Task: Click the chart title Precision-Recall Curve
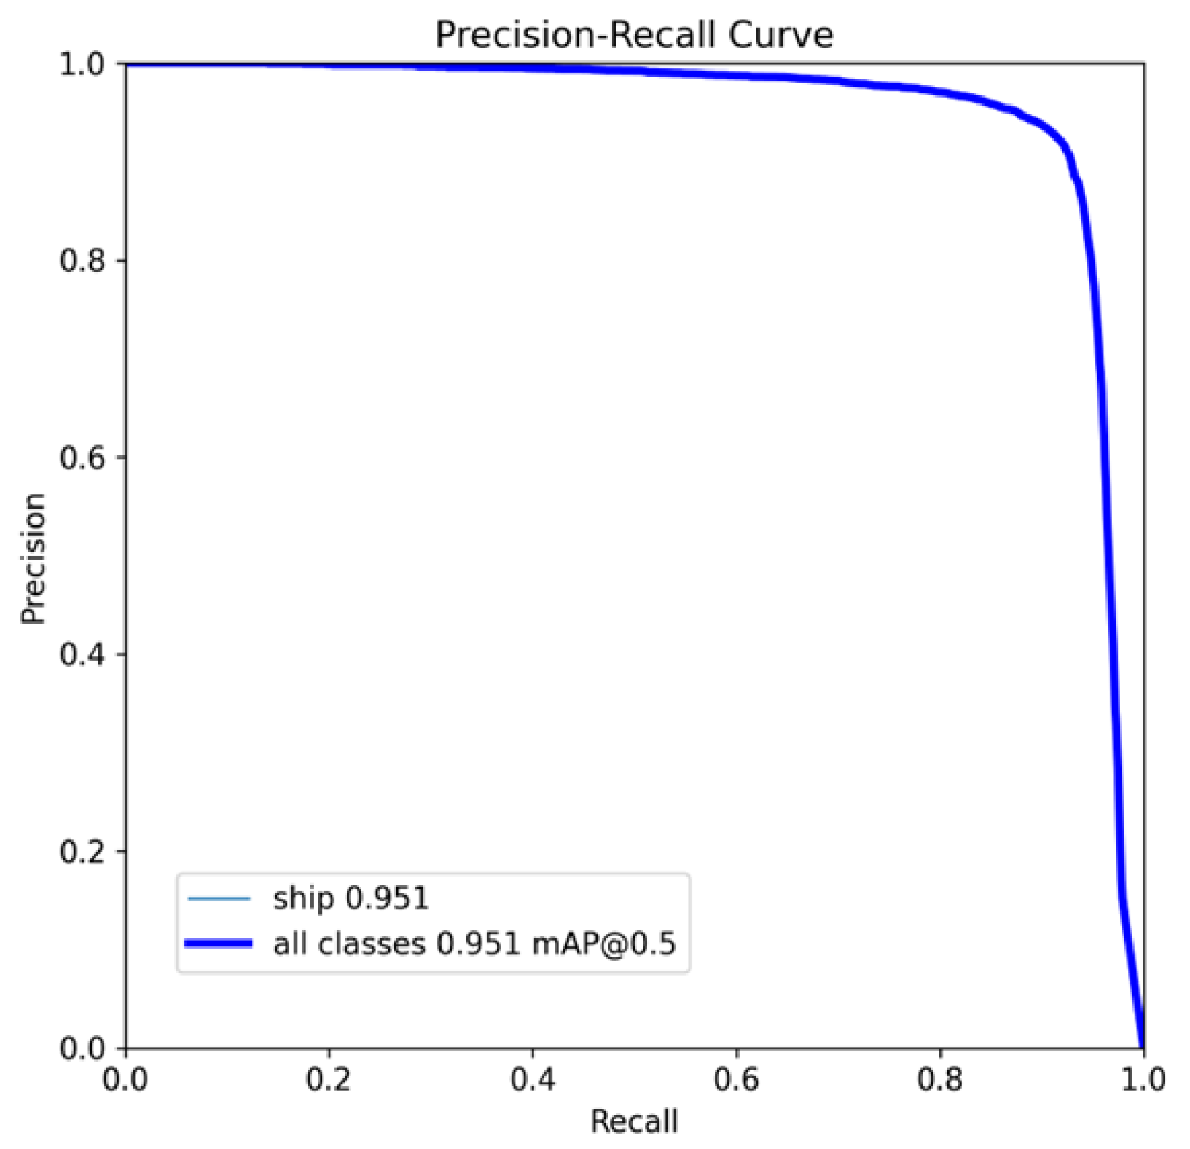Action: (x=634, y=34)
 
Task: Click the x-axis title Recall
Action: (x=634, y=1121)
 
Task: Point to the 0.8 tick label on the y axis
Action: (x=82, y=261)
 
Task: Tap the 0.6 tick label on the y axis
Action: (x=82, y=458)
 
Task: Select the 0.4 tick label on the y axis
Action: (x=82, y=654)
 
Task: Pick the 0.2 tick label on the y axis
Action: (x=82, y=851)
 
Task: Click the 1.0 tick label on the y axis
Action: (x=82, y=64)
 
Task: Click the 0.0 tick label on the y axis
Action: (x=82, y=1048)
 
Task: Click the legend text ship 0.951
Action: (x=351, y=898)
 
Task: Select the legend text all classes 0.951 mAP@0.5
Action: (x=474, y=944)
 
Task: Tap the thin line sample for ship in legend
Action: (x=219, y=898)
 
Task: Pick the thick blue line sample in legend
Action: (x=219, y=944)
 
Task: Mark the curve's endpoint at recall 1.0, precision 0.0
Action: (x=1143, y=1046)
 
